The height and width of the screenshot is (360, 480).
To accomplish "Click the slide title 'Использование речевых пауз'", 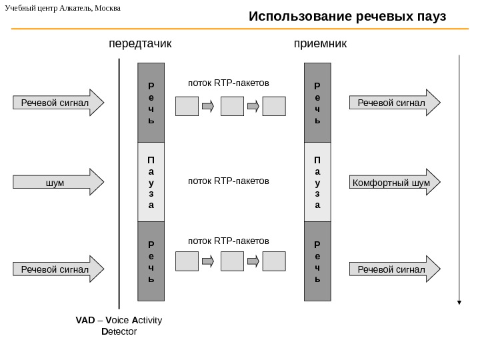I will pyautogui.click(x=347, y=16).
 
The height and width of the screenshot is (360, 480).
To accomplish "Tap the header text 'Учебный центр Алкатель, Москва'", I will pyautogui.click(x=63, y=8).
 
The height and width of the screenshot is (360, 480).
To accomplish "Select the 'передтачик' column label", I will pyautogui.click(x=140, y=44).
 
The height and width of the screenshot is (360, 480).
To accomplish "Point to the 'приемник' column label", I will pyautogui.click(x=321, y=44).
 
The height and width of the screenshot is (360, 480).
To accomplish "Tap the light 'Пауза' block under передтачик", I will pyautogui.click(x=151, y=182).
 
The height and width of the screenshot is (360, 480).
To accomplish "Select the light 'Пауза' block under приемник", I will pyautogui.click(x=317, y=182).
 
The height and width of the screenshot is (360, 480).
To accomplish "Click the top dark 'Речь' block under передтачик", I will pyautogui.click(x=151, y=103).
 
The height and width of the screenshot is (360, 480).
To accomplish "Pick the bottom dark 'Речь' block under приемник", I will pyautogui.click(x=317, y=261).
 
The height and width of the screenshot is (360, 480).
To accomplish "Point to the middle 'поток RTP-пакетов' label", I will pyautogui.click(x=229, y=181).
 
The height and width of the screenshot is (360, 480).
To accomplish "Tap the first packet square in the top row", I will pyautogui.click(x=187, y=105).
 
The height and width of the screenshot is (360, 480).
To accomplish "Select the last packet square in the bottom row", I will pyautogui.click(x=274, y=261).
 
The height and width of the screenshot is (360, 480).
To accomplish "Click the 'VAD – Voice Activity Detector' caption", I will pyautogui.click(x=119, y=326).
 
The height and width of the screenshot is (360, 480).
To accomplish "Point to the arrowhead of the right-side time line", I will pyautogui.click(x=459, y=302).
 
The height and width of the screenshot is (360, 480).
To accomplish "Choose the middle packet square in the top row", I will pyautogui.click(x=232, y=105).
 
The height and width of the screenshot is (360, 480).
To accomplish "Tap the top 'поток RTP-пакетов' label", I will pyautogui.click(x=229, y=83).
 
